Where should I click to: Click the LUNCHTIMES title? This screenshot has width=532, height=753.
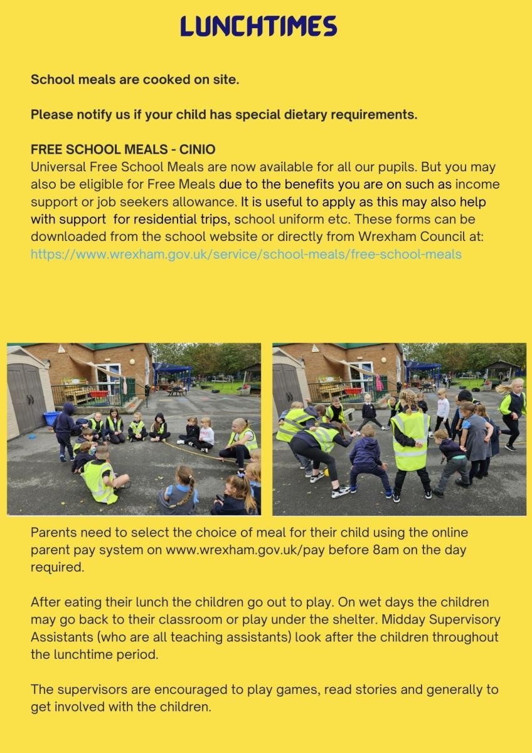[258, 26]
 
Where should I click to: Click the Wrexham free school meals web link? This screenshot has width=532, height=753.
[246, 254]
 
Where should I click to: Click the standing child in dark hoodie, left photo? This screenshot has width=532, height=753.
[65, 429]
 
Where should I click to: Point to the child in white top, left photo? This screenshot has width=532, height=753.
[206, 434]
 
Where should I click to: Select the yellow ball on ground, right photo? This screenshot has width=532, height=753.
[326, 471]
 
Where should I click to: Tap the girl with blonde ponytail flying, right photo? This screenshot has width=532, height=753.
[512, 408]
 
